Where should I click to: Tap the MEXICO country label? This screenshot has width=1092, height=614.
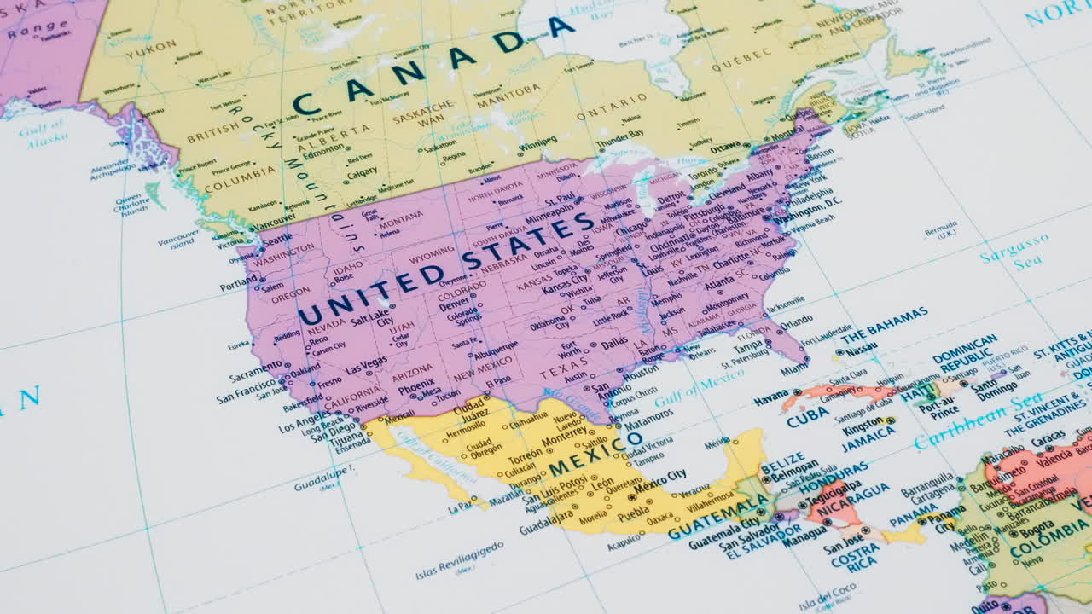click(595, 455)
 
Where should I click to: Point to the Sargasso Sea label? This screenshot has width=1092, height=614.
click(1015, 252)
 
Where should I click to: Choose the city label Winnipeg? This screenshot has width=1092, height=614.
click(537, 142)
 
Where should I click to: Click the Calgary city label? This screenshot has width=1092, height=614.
click(362, 172)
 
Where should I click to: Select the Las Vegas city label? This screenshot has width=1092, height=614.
click(366, 365)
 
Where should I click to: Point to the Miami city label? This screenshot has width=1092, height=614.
click(794, 369)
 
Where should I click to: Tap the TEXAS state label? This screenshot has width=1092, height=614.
click(564, 365)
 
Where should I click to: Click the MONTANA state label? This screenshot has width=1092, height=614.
click(401, 220)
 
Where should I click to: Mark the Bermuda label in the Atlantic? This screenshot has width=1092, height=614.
click(940, 230)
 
